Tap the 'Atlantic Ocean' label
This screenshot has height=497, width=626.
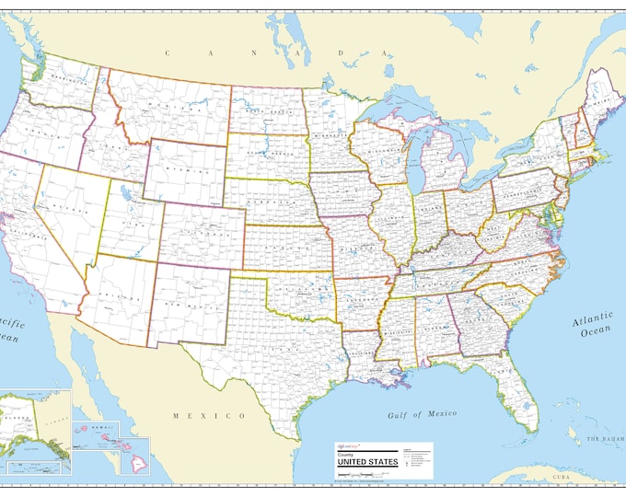point(591,326)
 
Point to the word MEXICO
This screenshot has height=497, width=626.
point(209,415)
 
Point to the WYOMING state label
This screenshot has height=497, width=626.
point(186,171)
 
